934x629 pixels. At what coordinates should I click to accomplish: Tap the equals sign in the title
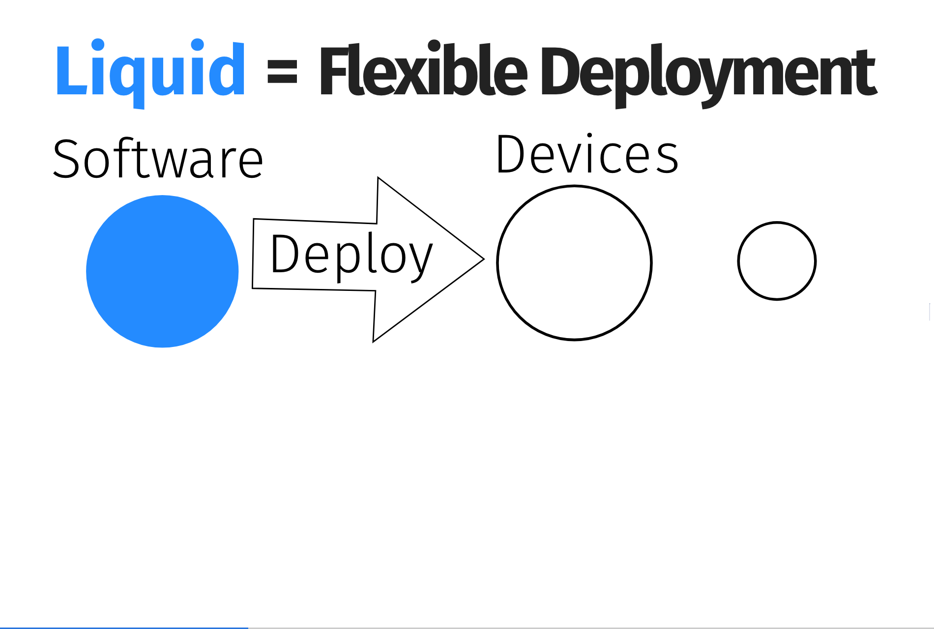[282, 72]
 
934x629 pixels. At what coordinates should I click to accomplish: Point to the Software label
[158, 158]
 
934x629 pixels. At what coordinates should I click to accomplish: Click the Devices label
[587, 154]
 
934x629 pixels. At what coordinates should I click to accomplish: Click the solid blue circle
[162, 271]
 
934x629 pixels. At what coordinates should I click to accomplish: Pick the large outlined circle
[497, 262]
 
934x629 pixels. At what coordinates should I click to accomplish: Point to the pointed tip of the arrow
[484, 259]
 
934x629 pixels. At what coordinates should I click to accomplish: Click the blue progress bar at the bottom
[124, 628]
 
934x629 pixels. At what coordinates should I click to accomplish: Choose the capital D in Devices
[512, 154]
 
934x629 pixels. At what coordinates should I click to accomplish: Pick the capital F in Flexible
[334, 70]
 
